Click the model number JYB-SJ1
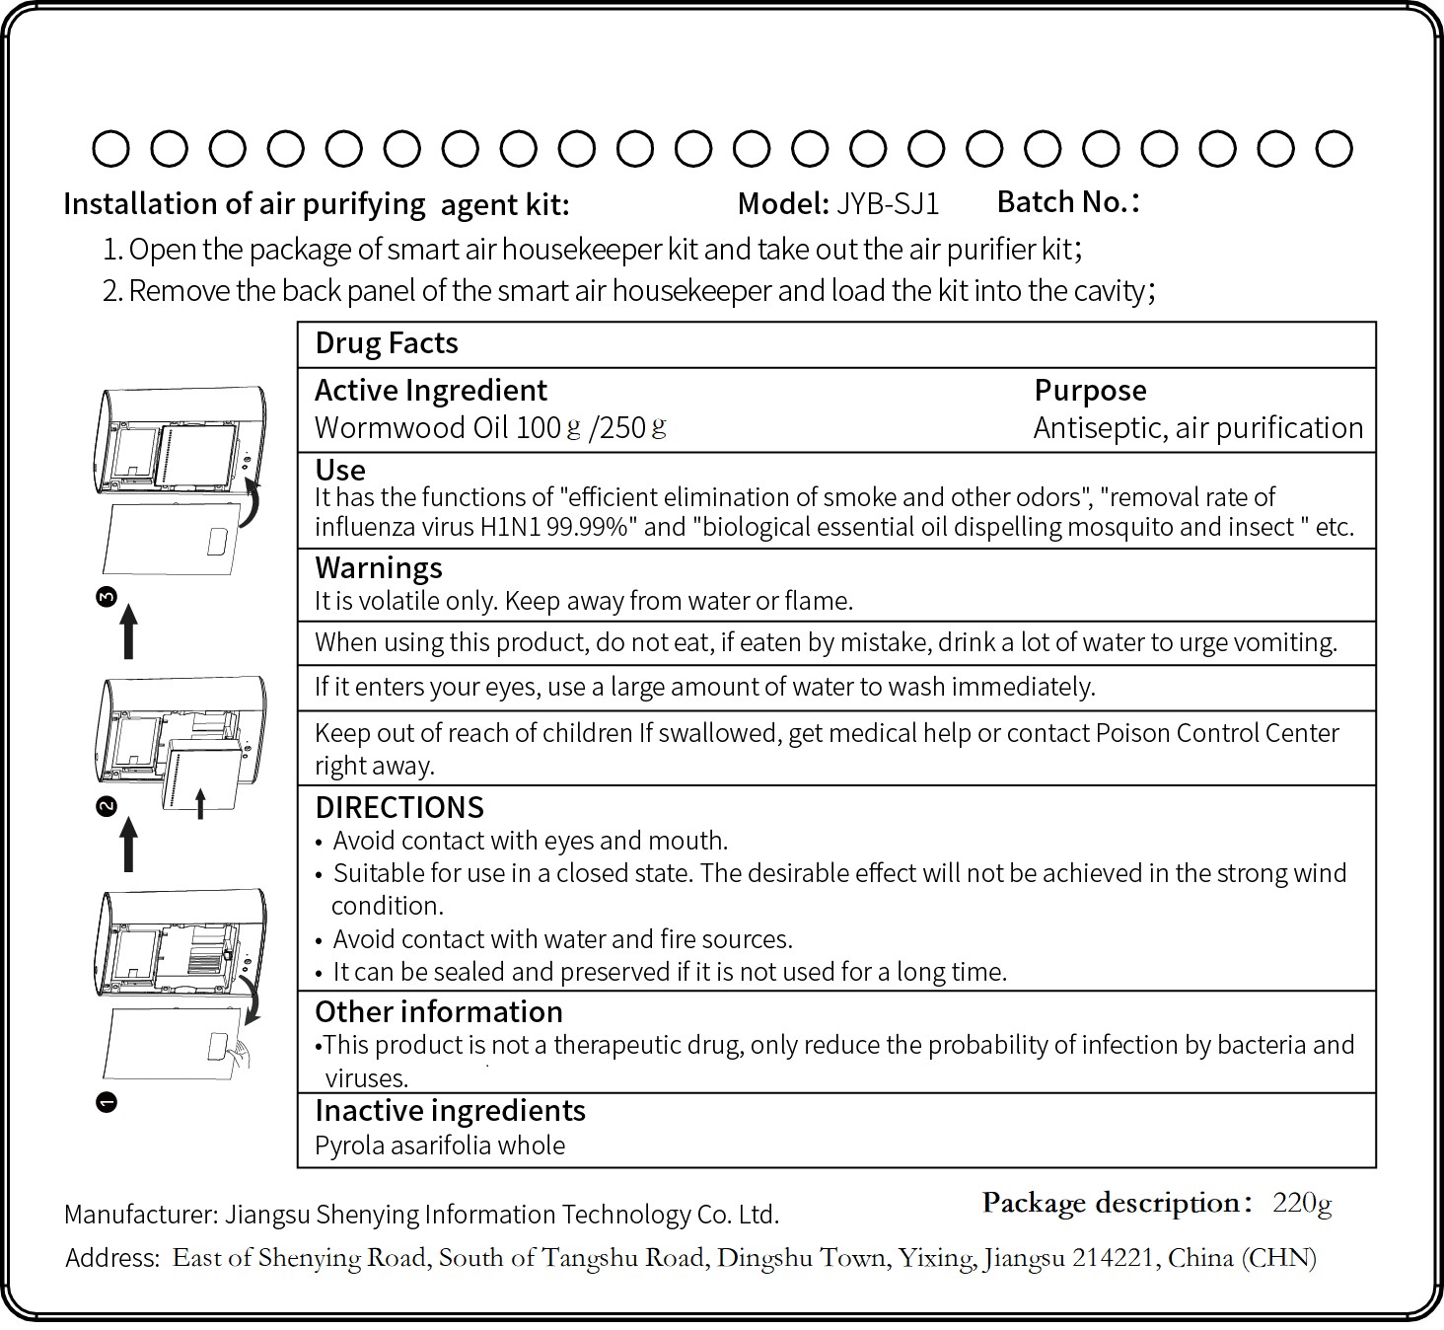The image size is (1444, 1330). tap(888, 204)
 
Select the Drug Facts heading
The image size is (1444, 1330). tap(387, 343)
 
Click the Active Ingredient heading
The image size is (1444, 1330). tap(431, 391)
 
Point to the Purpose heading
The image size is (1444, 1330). tap(1090, 391)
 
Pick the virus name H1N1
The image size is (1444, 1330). tap(511, 527)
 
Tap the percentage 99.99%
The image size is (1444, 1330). tap(588, 527)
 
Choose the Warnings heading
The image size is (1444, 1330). tap(379, 568)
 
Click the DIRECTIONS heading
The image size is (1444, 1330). tap(399, 808)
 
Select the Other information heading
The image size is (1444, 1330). tap(439, 1012)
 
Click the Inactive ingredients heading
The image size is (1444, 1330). tap(450, 1111)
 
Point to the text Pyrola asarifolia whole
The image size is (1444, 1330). tap(440, 1145)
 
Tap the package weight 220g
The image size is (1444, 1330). tap(1302, 1203)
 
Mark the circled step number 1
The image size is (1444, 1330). tap(108, 1102)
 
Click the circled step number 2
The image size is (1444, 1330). tap(108, 806)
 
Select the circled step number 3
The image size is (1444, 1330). tap(108, 596)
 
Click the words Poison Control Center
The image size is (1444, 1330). tap(1217, 733)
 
